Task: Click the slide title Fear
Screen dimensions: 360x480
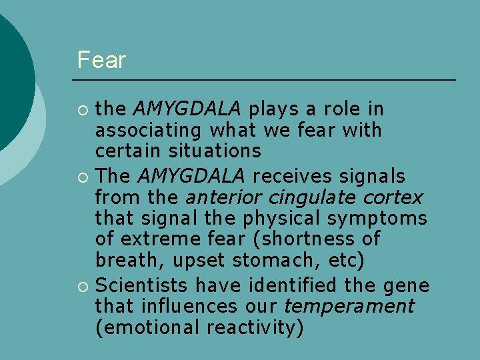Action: pyautogui.click(x=101, y=60)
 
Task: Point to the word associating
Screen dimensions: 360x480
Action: pyautogui.click(x=149, y=131)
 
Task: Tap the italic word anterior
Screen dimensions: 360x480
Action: pyautogui.click(x=223, y=197)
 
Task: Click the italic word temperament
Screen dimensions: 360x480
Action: pyautogui.click(x=349, y=307)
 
